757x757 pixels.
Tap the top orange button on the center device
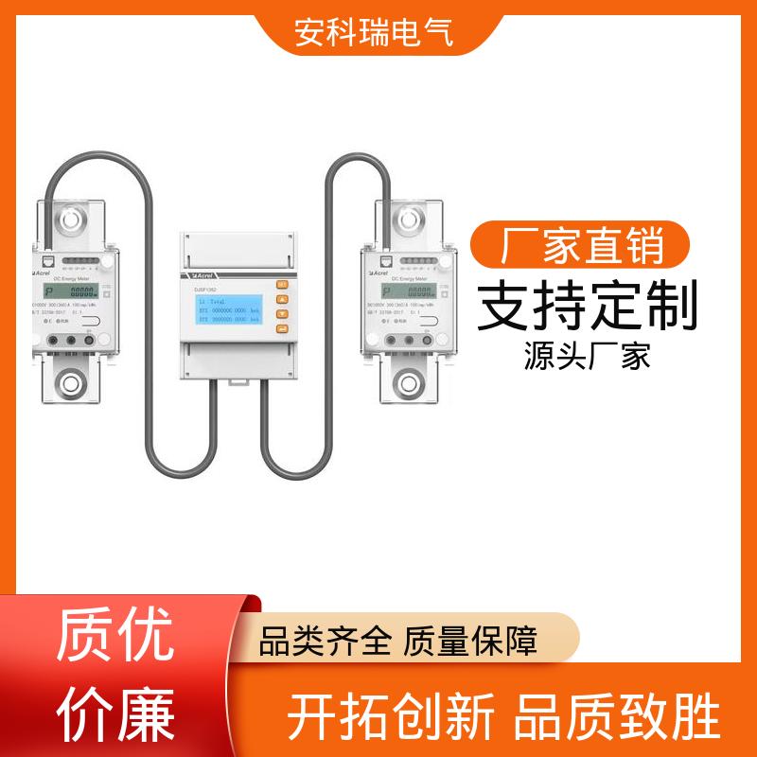point(281,285)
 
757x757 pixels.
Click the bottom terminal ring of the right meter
point(407,385)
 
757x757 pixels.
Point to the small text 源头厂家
point(587,358)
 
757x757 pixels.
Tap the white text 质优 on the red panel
point(116,635)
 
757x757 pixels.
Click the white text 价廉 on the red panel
point(116,712)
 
